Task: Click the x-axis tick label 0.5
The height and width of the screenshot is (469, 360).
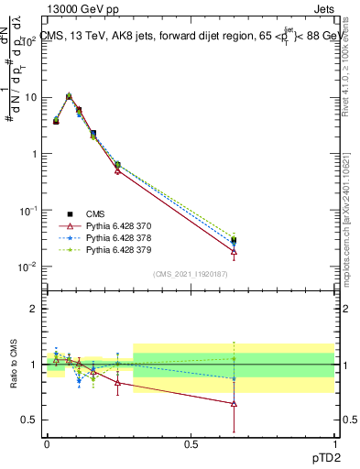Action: click(191, 442)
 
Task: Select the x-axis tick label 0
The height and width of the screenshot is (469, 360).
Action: click(47, 442)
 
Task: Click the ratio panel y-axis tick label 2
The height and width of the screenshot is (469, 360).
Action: click(35, 309)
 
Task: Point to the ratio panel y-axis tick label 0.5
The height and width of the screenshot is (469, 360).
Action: click(30, 420)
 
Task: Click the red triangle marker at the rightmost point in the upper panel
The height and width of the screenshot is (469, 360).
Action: click(234, 251)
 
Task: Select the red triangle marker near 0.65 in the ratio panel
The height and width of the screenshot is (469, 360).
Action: click(234, 403)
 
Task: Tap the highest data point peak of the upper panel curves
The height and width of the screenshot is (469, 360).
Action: click(69, 95)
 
